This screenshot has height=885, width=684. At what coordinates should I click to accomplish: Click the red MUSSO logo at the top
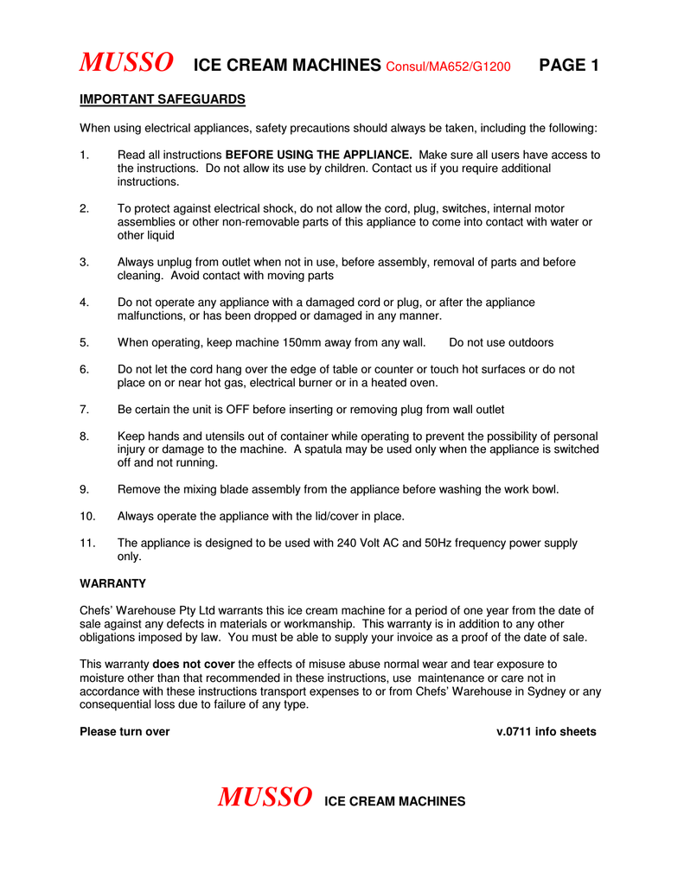coord(125,63)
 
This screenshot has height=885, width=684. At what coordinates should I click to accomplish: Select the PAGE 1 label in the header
coord(568,65)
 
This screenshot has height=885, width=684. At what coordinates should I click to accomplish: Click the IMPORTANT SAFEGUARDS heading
coord(163,99)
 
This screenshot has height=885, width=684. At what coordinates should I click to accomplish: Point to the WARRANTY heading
coord(112,583)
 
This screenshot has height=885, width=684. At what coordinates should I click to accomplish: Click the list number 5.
coord(84,342)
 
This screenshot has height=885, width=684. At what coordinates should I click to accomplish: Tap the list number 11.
coord(86,543)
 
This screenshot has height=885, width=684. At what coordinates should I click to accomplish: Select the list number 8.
coord(84,436)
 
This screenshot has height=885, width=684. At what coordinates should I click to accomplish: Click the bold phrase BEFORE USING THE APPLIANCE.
coord(324,155)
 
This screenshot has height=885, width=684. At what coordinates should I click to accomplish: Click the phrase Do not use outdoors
coord(502,342)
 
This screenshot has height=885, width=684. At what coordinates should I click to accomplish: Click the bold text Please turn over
coord(125,731)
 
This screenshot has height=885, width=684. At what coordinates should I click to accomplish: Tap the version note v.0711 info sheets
coord(546,731)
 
